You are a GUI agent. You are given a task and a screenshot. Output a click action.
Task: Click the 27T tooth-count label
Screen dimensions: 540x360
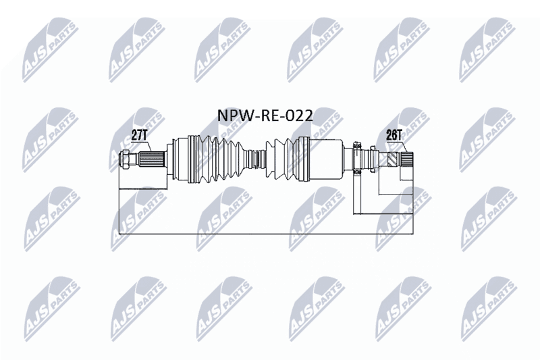click(x=140, y=135)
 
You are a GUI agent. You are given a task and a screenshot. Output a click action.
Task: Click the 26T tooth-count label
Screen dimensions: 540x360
click(x=394, y=135)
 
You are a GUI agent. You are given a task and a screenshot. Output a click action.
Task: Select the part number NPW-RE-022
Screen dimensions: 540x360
click(x=265, y=115)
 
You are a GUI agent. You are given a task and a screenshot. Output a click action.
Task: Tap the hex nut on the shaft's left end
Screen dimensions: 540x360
click(x=124, y=159)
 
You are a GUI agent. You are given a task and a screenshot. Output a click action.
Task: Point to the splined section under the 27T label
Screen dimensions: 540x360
click(x=151, y=159)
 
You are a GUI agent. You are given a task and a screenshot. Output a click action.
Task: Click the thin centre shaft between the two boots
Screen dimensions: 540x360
click(x=257, y=159)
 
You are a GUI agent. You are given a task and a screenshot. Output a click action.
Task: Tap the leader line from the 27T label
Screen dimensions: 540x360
click(x=148, y=147)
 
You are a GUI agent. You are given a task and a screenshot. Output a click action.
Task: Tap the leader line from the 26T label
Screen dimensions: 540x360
click(x=404, y=147)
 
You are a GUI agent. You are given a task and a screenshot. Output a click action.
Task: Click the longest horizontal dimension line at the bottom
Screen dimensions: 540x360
click(x=265, y=234)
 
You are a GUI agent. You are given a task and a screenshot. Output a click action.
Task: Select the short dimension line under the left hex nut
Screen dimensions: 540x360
click(x=142, y=189)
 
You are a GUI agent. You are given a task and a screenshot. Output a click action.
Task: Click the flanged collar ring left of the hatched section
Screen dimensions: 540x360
click(x=373, y=159)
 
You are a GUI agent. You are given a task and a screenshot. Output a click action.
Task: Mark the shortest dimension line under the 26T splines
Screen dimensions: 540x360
click(x=406, y=180)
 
